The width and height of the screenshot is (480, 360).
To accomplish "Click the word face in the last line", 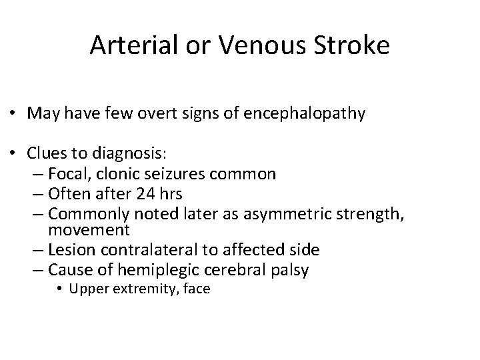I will tap(197, 289).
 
